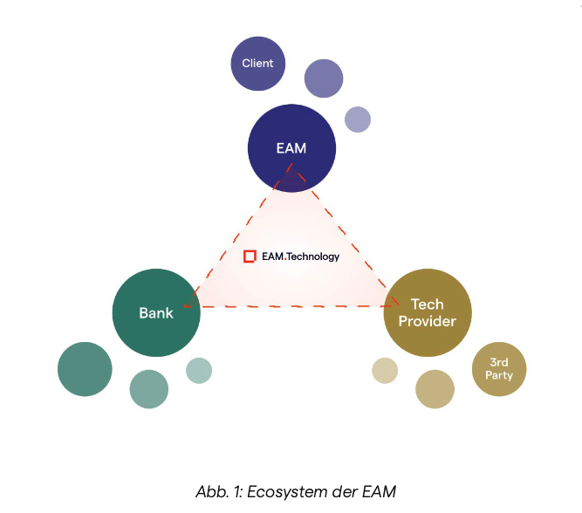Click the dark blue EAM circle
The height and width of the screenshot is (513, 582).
pos(291,148)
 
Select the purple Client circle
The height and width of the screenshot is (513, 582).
pos(257,63)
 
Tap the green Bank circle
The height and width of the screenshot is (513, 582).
pos(156,312)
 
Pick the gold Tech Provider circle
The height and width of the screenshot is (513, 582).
pos(428,312)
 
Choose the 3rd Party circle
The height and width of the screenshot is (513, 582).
pos(499,369)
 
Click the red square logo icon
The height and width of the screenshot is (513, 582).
pos(250,256)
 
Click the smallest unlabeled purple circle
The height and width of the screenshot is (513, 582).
pos(358,120)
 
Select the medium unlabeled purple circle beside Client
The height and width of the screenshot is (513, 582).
pos(324,79)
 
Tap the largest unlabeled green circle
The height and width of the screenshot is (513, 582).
pos(85,369)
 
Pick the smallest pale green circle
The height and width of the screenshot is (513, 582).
pos(199,370)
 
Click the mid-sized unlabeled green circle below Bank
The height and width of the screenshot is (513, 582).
pos(149,389)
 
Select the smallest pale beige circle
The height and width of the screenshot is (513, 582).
pos(385,371)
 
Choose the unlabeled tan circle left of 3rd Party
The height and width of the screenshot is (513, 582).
pos(435,389)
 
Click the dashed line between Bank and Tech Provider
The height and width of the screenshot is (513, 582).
pos(292,306)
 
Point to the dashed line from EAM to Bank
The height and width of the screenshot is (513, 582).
pos(234,235)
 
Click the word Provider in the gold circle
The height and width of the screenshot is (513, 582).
pos(428,321)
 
